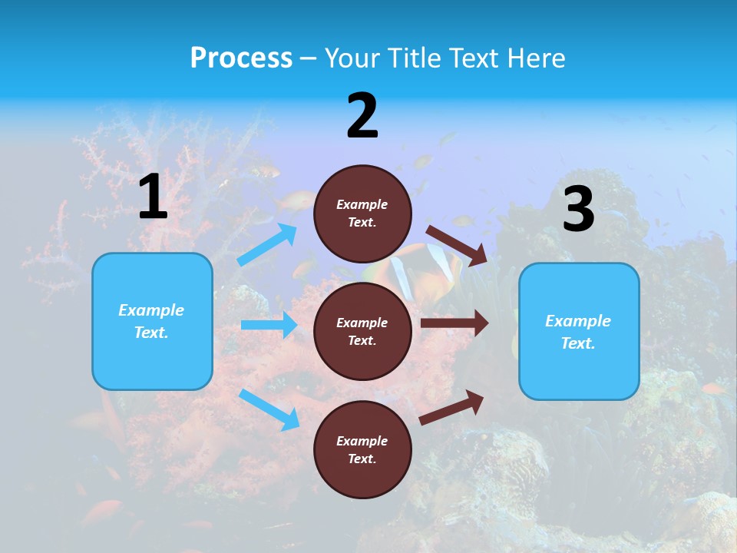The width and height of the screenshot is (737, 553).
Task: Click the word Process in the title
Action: (241, 58)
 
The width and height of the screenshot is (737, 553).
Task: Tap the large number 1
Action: (153, 197)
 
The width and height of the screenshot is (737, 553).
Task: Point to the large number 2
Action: (362, 116)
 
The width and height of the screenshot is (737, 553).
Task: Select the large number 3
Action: (578, 209)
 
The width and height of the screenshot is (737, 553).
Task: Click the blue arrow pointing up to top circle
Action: (267, 245)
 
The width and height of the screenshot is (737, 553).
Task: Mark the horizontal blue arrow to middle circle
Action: (269, 325)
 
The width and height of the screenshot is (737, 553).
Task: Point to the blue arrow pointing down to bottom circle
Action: (269, 409)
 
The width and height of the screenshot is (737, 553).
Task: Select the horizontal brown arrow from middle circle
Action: (454, 323)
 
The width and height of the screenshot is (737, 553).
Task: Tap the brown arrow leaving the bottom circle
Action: (452, 407)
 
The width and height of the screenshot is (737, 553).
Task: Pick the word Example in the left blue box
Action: (151, 310)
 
